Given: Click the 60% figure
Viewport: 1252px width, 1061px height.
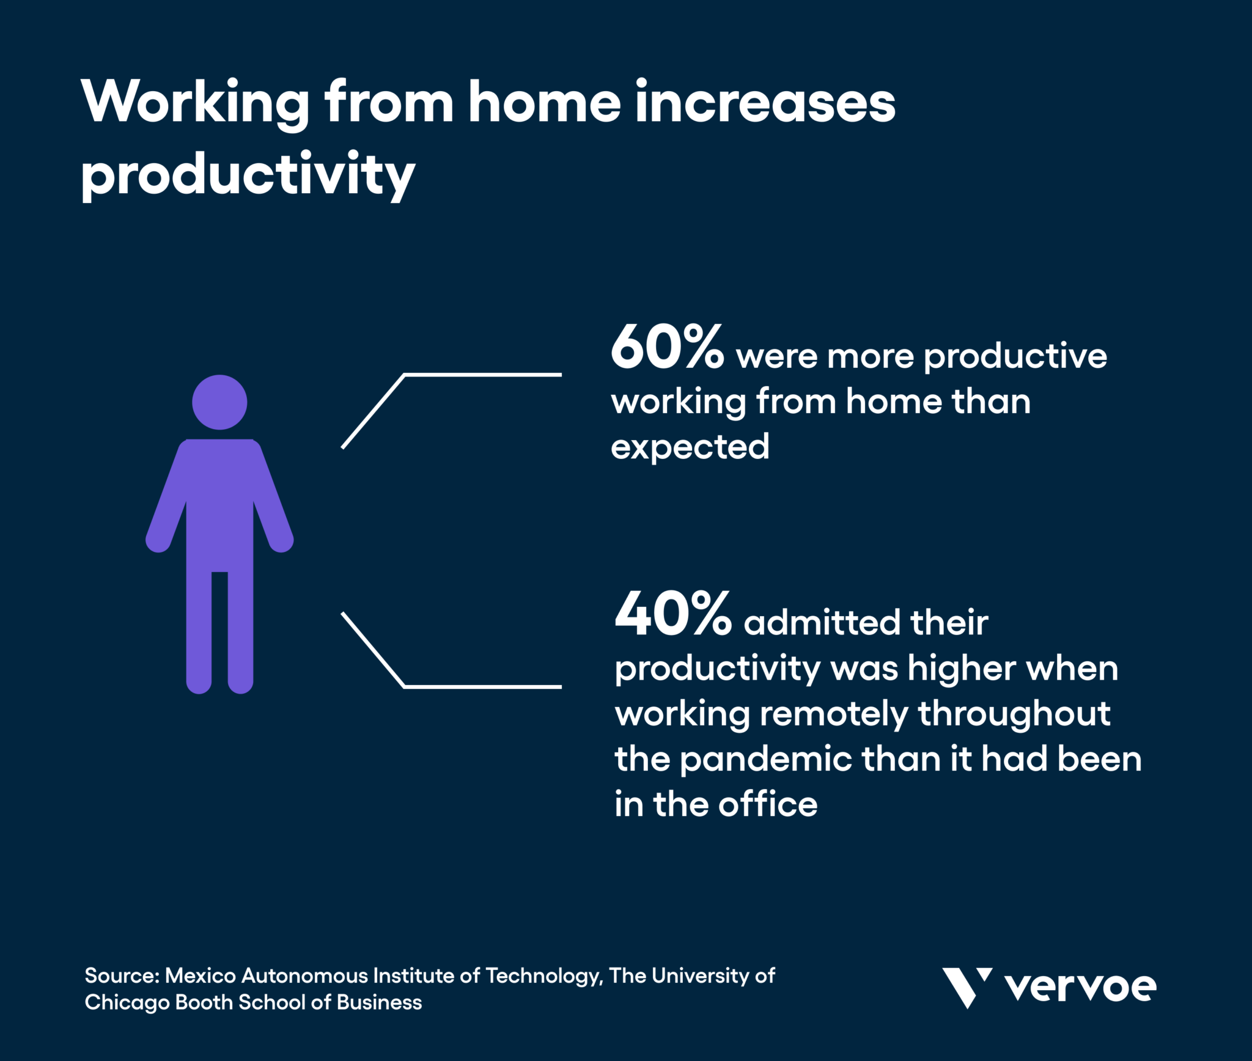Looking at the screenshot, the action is [x=668, y=347].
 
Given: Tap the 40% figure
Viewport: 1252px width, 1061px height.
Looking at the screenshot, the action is [x=673, y=613].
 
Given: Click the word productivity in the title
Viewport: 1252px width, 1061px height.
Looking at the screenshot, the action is [x=248, y=175].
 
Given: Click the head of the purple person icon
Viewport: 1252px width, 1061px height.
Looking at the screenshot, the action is [x=219, y=402].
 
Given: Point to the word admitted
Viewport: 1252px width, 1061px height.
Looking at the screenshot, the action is [x=822, y=622].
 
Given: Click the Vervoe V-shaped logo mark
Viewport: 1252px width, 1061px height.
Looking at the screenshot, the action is [x=967, y=987].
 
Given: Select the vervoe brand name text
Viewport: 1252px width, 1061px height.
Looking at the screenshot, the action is [x=1081, y=988].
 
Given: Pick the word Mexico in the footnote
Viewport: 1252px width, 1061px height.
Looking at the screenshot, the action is [x=201, y=975].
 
